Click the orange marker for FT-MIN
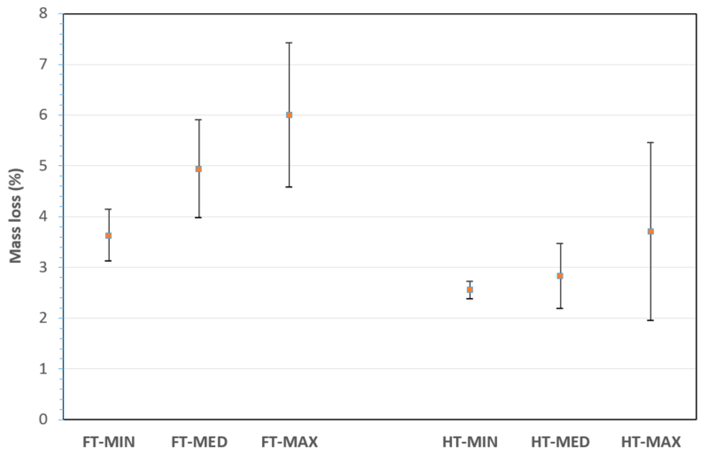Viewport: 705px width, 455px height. tap(108, 235)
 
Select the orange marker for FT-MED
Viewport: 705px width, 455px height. tap(199, 169)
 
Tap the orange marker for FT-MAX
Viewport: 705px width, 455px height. tap(289, 115)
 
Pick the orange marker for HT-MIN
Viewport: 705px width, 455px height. tap(470, 290)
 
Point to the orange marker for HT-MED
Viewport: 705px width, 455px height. tap(560, 276)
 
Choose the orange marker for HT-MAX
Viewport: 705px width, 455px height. tap(651, 231)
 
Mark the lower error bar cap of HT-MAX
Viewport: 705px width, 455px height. tap(651, 320)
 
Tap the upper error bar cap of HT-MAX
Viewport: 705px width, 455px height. tap(651, 143)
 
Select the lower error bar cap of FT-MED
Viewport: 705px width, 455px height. tap(199, 217)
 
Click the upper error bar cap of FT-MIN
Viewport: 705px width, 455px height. tap(108, 209)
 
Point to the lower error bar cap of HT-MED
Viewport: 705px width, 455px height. tap(560, 308)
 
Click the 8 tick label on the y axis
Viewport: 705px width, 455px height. tap(43, 13)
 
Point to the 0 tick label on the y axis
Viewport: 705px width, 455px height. tap(43, 419)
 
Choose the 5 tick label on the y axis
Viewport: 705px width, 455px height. tap(43, 166)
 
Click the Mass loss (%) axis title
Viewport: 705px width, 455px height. tap(15, 216)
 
